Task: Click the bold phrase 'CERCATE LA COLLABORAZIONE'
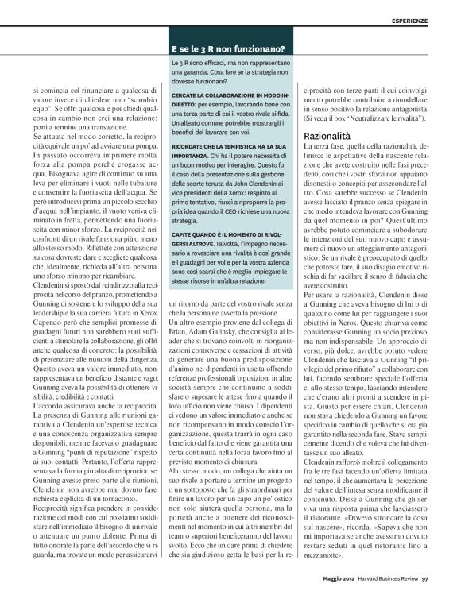[x=214, y=95]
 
